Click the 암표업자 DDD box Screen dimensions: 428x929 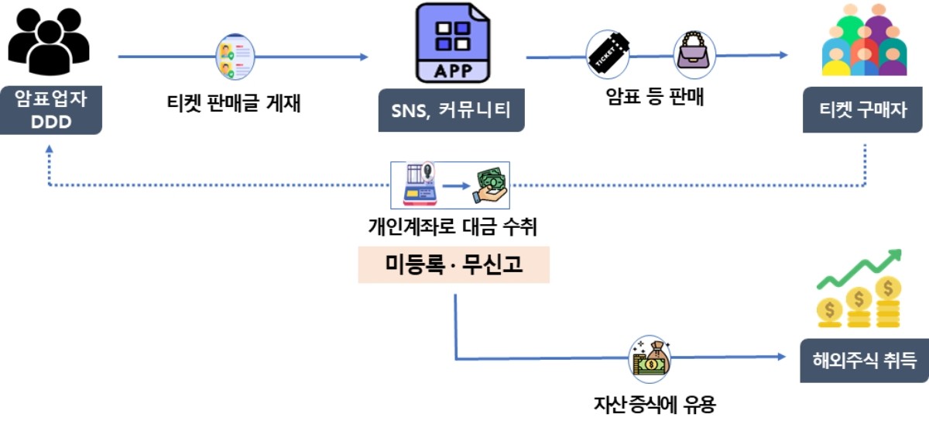(51, 110)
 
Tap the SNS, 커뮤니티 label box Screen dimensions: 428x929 (451, 112)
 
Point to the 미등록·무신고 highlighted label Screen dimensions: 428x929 (454, 264)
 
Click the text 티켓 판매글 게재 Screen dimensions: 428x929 (234, 102)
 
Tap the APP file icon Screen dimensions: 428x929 (453, 43)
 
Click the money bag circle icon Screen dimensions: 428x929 (649, 357)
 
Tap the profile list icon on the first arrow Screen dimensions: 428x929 (235, 57)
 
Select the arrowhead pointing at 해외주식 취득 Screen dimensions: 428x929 (783, 357)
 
